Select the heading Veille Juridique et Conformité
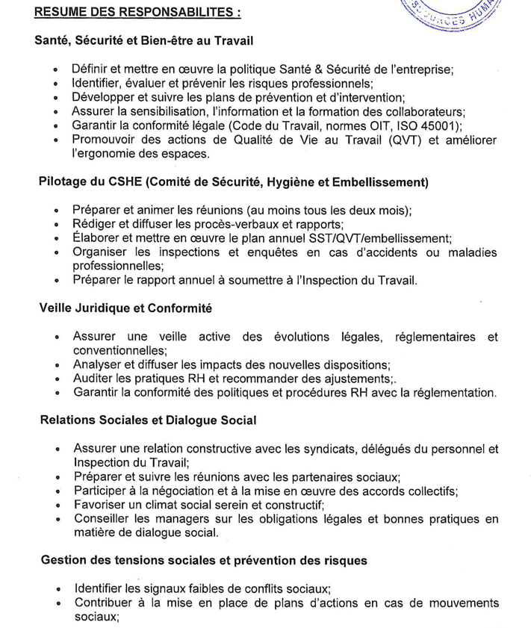(x=126, y=308)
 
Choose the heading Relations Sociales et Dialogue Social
(x=149, y=420)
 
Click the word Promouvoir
(x=104, y=139)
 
